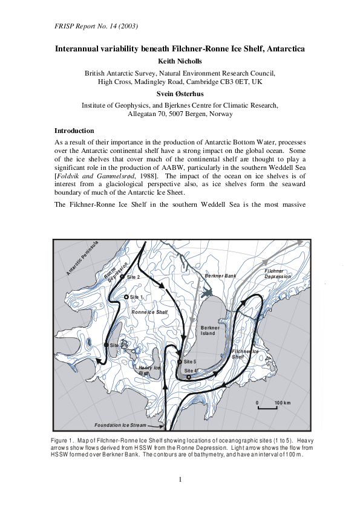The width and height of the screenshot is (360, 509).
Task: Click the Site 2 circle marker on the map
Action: click(122, 276)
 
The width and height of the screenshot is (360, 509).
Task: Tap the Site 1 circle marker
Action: click(126, 297)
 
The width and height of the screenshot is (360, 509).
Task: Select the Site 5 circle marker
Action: click(180, 361)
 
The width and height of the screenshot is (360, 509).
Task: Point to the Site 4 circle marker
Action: click(189, 377)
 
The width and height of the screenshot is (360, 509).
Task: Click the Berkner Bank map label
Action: click(220, 276)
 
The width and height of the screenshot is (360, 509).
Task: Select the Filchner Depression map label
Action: click(278, 274)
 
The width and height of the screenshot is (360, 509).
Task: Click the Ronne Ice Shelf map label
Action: click(149, 312)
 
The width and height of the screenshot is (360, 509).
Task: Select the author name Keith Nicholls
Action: click(180, 61)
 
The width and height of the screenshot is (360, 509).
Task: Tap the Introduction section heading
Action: click(74, 131)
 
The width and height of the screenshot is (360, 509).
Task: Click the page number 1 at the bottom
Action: click(180, 480)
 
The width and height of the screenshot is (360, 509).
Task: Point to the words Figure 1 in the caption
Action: click(64, 439)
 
